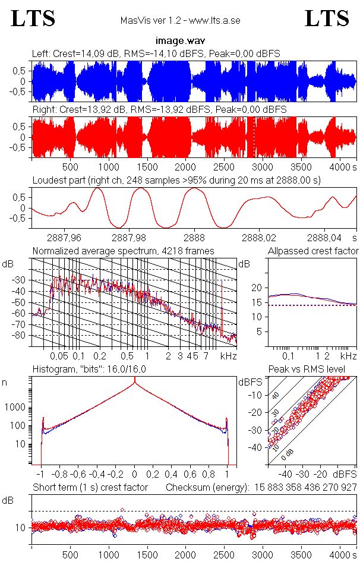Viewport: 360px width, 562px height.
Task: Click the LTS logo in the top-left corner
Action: pyautogui.click(x=33, y=18)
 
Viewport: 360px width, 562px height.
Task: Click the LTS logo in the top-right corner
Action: pyautogui.click(x=327, y=18)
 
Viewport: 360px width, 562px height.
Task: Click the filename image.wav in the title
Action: pyautogui.click(x=179, y=41)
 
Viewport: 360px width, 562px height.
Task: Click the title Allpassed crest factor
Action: pyautogui.click(x=313, y=251)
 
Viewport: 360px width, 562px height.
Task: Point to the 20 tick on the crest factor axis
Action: pyautogui.click(x=257, y=288)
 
